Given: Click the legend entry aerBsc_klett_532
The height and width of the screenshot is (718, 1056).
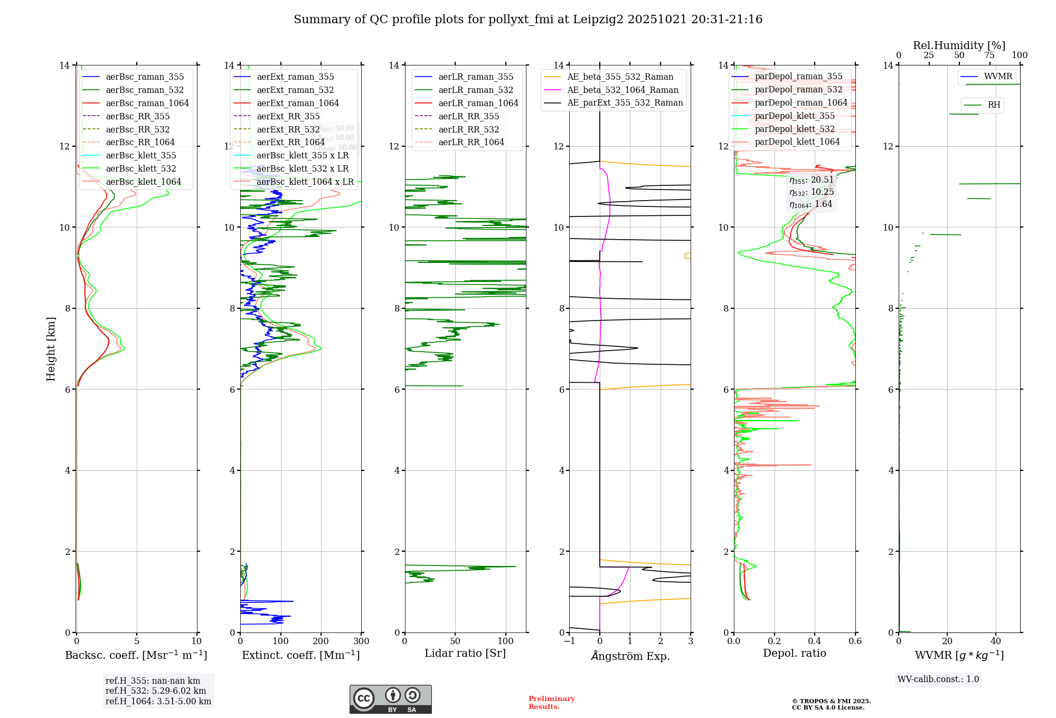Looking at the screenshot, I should tap(140, 169).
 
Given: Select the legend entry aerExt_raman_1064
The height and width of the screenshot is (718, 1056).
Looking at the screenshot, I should tap(297, 103).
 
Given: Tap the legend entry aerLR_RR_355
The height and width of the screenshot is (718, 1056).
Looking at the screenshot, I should tap(468, 117).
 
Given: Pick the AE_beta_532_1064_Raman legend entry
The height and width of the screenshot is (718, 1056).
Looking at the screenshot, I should tap(623, 90).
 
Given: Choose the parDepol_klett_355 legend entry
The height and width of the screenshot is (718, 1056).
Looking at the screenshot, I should tap(795, 116).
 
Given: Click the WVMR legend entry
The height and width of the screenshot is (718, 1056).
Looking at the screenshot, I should tap(998, 77).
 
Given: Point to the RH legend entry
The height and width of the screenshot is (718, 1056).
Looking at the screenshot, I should tap(994, 105).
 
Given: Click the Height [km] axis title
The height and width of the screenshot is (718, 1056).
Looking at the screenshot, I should tap(51, 348).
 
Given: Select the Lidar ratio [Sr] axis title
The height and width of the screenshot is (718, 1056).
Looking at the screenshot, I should tap(465, 653).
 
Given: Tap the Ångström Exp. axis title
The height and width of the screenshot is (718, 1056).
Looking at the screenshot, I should tap(630, 656).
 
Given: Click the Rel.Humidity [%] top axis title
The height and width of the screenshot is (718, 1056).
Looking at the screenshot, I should tap(959, 45).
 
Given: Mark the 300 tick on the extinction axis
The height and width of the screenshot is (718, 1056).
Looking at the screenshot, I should tap(362, 641).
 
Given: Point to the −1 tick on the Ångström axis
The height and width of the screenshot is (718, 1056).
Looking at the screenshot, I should tap(569, 641).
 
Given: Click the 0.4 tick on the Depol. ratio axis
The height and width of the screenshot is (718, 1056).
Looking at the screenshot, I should tap(815, 641).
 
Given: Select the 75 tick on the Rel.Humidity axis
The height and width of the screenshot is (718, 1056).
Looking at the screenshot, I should tap(989, 55).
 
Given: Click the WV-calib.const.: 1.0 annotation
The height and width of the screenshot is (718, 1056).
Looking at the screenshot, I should tap(938, 679).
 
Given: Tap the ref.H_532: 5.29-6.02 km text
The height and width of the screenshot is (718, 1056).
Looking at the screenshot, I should tap(156, 691).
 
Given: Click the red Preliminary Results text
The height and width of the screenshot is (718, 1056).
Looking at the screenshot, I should tap(551, 703).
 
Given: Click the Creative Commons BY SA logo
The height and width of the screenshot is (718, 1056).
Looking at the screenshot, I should tap(390, 700).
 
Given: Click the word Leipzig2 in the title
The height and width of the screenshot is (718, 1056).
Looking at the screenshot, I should tap(597, 20).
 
